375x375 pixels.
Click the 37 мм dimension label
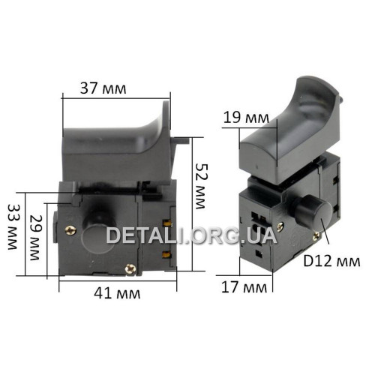click(103, 88)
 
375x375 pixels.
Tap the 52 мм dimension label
click(200, 186)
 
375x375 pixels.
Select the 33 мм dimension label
click(13, 227)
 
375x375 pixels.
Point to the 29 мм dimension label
click(35, 237)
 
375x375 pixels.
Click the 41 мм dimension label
click(117, 293)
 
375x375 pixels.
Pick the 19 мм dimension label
click(246, 118)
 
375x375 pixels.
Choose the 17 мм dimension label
click(244, 287)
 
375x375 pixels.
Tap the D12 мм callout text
click(331, 261)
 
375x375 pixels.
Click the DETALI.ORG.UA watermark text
click(192, 235)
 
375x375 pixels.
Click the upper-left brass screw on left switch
click(70, 230)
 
